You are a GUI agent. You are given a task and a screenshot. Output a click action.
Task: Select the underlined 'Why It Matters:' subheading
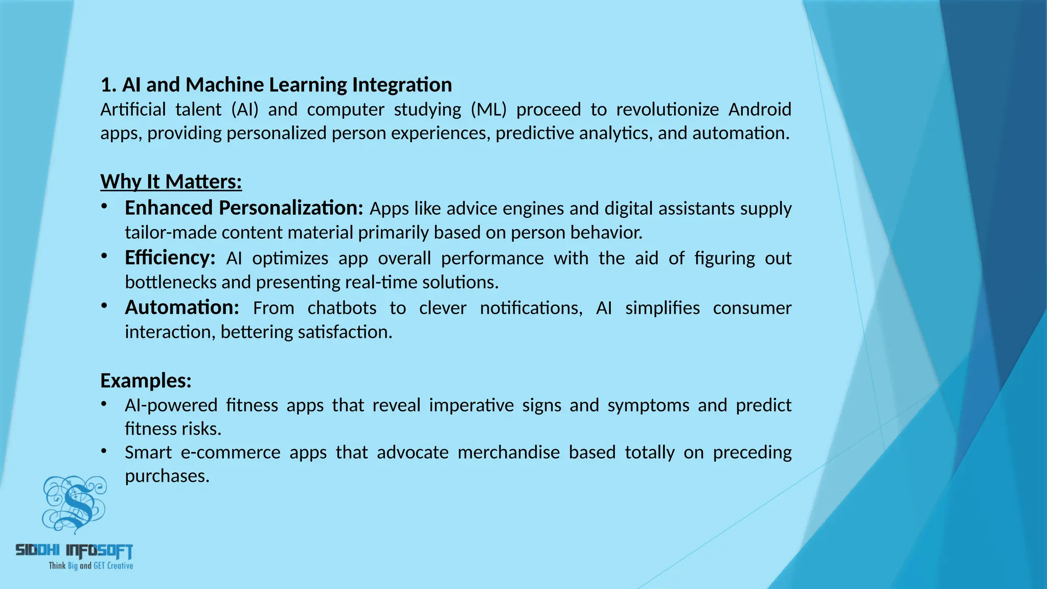point(171,182)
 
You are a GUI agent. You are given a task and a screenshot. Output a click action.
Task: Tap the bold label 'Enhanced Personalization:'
point(244,208)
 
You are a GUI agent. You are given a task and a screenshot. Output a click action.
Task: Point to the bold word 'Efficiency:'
point(170,258)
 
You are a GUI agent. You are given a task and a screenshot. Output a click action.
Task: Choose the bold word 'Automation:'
point(182,308)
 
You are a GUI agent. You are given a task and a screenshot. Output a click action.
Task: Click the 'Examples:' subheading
point(146,380)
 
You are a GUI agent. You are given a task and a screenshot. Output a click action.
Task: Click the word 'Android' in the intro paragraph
point(760,109)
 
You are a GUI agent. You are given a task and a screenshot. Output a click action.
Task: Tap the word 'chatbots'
point(342,308)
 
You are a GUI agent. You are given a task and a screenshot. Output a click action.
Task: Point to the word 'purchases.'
point(167,476)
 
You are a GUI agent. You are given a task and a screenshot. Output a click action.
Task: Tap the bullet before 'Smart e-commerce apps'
point(104,451)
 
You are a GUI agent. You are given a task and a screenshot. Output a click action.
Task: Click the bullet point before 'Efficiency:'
point(104,256)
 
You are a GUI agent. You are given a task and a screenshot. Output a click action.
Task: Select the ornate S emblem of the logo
point(75,504)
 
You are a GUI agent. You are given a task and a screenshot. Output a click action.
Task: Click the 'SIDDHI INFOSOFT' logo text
point(75,550)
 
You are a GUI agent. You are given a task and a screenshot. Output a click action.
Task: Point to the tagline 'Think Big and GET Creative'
point(90,565)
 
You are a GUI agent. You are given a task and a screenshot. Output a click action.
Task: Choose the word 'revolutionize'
point(667,109)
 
